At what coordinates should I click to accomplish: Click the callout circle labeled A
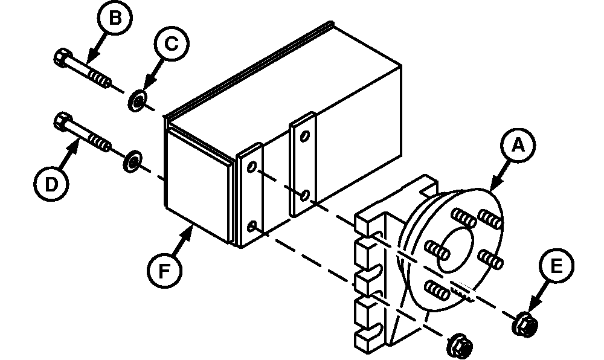coord(518,146)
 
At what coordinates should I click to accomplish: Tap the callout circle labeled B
coord(114,18)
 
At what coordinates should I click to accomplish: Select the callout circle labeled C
coord(172,44)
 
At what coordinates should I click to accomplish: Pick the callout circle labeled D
coord(51,184)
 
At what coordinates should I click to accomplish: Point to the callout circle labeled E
coord(556,266)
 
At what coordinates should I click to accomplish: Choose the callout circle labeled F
coord(164,270)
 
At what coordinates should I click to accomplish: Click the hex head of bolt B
coord(62,58)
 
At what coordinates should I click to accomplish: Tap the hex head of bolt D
coord(62,121)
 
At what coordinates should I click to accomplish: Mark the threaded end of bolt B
coord(100,79)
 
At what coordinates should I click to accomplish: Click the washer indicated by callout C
coord(137,101)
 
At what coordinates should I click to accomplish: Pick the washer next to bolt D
coord(132,161)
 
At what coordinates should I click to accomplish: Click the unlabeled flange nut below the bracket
coord(460,346)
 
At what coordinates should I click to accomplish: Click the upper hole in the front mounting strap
coord(251,167)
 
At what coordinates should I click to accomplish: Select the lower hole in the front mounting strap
coord(251,226)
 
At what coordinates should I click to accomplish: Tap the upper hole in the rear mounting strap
coord(304,136)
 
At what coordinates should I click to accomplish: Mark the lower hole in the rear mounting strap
coord(304,195)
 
